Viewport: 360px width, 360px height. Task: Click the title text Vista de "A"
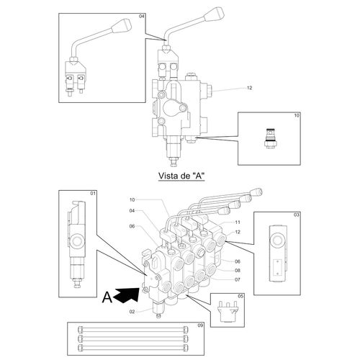pyautogui.click(x=181, y=176)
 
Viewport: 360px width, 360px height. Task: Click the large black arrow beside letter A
pyautogui.click(x=127, y=294)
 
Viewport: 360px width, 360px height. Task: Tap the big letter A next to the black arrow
pyautogui.click(x=107, y=297)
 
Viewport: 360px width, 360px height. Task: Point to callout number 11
pyautogui.click(x=238, y=222)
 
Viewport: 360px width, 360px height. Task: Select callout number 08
pyautogui.click(x=238, y=271)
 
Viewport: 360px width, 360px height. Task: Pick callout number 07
pyautogui.click(x=238, y=279)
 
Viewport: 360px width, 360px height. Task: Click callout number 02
pyautogui.click(x=132, y=312)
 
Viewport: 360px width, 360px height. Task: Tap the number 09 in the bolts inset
pyautogui.click(x=200, y=325)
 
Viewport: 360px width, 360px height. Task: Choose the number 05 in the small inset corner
pyautogui.click(x=240, y=296)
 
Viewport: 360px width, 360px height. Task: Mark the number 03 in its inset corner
pyautogui.click(x=297, y=215)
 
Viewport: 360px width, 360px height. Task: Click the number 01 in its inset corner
pyautogui.click(x=93, y=193)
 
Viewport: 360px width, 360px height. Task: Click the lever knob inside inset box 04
pyautogui.click(x=122, y=25)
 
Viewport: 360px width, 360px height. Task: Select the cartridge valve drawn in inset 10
pyautogui.click(x=271, y=138)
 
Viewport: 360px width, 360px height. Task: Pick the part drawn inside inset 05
pyautogui.click(x=228, y=312)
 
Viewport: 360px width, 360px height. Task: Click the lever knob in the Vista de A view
pyautogui.click(x=214, y=14)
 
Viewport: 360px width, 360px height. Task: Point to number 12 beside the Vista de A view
pyautogui.click(x=250, y=88)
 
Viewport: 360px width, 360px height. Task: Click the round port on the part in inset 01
pyautogui.click(x=77, y=241)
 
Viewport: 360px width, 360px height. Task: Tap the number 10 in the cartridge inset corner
pyautogui.click(x=297, y=115)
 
